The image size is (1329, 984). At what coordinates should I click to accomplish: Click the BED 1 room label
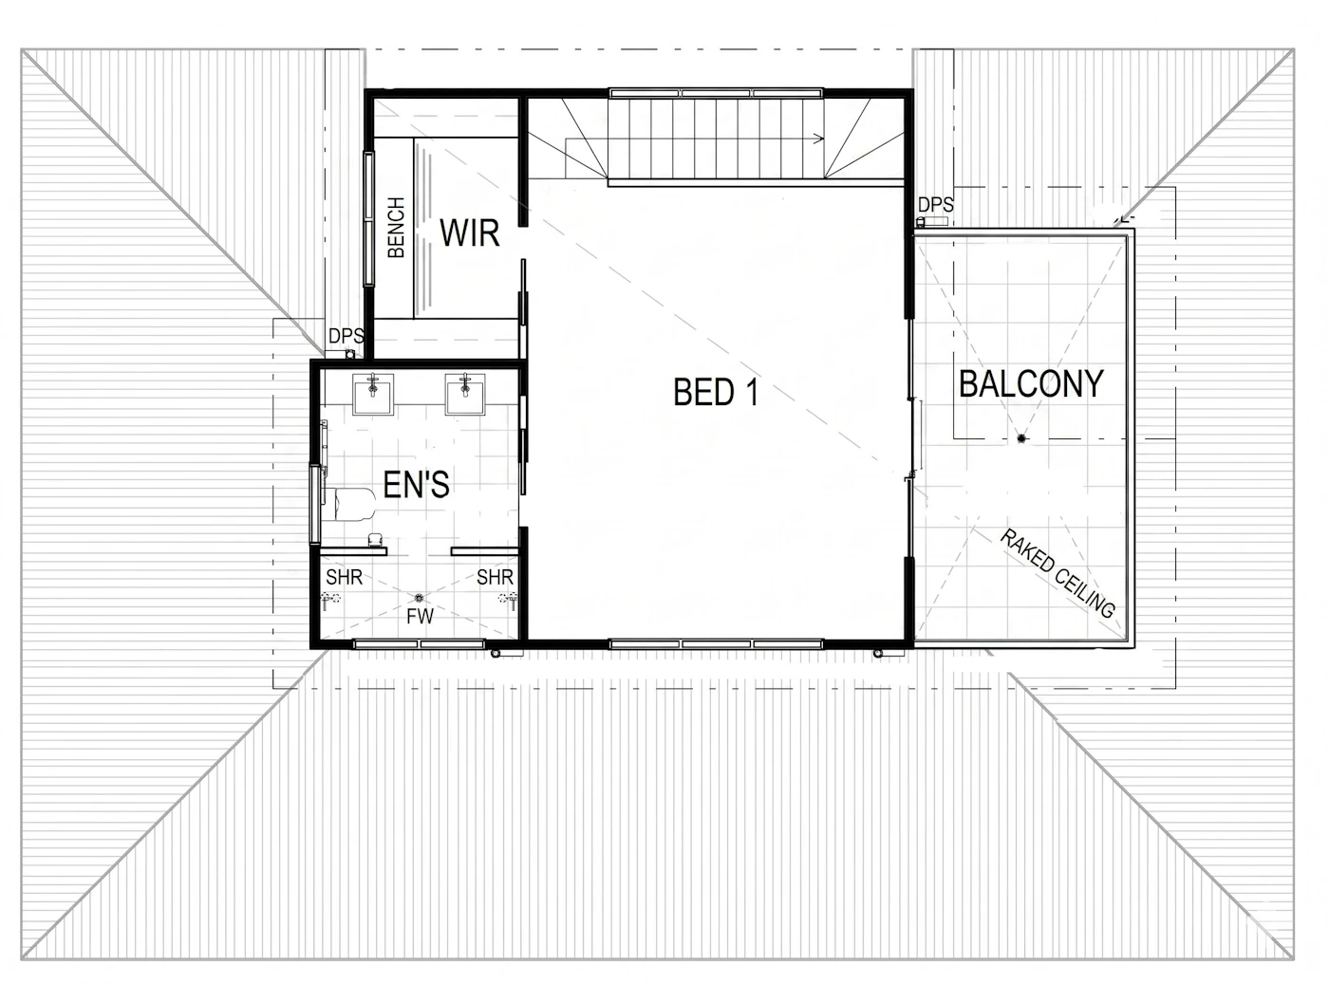pos(716,392)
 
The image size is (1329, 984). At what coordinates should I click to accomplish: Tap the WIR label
pos(469,233)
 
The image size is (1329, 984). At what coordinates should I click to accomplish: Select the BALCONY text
pos(1031,383)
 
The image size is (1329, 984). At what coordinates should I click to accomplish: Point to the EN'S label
pos(416,485)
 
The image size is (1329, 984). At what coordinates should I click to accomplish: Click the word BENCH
pos(396,228)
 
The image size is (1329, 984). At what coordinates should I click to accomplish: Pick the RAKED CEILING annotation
pos(1057,574)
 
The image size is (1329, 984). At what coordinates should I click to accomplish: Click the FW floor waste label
pos(420,616)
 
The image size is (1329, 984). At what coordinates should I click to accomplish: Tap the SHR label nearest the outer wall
pos(344,577)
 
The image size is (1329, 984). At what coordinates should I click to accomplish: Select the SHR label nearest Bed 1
pos(495,577)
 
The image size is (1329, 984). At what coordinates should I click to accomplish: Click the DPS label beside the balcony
pos(935,205)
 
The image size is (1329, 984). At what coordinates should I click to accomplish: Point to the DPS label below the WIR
pos(346,336)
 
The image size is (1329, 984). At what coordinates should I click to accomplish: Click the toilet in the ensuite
pos(349,504)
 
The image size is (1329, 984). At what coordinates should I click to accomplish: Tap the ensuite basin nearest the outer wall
pos(373,394)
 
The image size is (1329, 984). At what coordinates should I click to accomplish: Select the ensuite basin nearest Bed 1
pos(465,394)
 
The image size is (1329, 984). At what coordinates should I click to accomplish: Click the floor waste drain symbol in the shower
pos(419,598)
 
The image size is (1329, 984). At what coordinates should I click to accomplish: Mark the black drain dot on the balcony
pos(1021,438)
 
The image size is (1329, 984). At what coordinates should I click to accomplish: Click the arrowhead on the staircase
pos(819,139)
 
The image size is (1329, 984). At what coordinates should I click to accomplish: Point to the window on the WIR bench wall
pos(368,219)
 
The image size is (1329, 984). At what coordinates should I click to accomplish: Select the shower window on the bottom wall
pos(420,643)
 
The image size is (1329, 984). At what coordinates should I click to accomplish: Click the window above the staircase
pos(716,93)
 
